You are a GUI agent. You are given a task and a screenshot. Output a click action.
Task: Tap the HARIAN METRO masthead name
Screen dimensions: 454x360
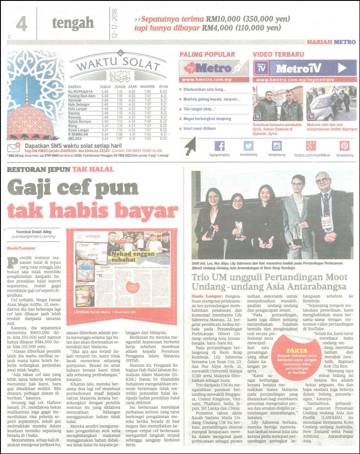click(x=331, y=42)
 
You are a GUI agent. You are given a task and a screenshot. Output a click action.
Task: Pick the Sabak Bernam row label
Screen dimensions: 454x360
click(x=80, y=120)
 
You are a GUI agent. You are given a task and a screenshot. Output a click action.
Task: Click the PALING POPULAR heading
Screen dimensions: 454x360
click(x=207, y=55)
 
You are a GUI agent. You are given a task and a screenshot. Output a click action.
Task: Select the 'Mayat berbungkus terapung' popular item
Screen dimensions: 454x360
click(x=207, y=118)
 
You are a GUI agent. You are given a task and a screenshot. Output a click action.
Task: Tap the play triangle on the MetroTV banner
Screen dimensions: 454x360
click(x=342, y=68)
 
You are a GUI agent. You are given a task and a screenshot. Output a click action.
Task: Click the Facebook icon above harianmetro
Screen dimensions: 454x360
click(x=219, y=145)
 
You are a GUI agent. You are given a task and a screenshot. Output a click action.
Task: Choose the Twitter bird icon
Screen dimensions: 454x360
click(x=248, y=145)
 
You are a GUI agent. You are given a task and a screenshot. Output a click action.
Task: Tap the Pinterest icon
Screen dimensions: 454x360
click(x=344, y=145)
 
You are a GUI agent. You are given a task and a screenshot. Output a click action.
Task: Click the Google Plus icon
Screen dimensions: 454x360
click(x=310, y=145)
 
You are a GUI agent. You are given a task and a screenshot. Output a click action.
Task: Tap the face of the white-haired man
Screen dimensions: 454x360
click(x=323, y=180)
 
